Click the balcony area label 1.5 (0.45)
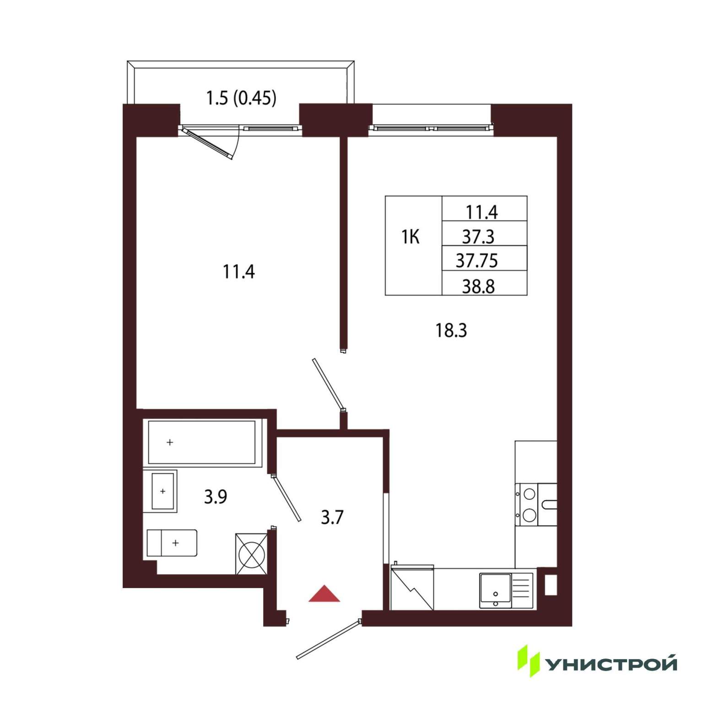pos(241,98)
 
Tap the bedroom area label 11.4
pos(238,272)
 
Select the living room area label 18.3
pos(451,330)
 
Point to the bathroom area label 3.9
pos(216,496)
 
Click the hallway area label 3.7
pos(332,517)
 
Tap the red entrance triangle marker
pos(324,594)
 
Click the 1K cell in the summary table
pos(411,237)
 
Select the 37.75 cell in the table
pos(477,260)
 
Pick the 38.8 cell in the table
pos(478,286)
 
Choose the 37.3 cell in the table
pos(478,237)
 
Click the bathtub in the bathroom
pos(202,443)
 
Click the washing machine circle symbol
pos(252,555)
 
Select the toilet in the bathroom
pos(172,543)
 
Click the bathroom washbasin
pos(162,491)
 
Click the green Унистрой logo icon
pos(529,661)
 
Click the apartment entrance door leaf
pos(329,640)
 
